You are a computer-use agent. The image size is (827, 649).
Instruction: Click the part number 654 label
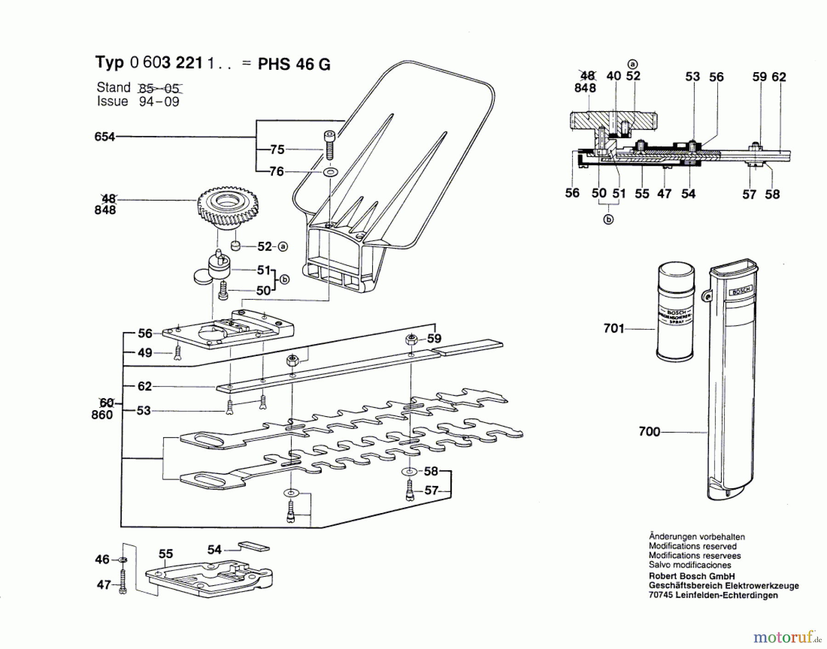click(104, 136)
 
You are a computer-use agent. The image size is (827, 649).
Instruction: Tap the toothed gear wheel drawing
click(227, 207)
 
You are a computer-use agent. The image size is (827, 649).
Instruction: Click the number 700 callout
click(649, 432)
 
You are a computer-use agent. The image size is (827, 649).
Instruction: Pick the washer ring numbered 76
click(330, 172)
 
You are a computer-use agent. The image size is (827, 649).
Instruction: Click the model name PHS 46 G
click(294, 64)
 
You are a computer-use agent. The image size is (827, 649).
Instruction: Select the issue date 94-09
click(159, 102)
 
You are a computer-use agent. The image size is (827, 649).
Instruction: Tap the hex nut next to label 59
click(412, 339)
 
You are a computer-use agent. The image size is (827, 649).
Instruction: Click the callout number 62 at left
click(144, 386)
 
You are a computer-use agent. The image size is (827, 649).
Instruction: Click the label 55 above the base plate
click(165, 554)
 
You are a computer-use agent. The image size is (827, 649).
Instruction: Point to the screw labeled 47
click(123, 582)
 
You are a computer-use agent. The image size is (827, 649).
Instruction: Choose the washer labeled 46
click(123, 560)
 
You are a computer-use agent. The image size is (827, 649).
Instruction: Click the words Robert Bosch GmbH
click(691, 576)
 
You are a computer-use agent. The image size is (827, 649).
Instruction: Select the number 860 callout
click(102, 415)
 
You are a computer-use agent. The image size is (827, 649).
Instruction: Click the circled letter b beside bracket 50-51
click(284, 279)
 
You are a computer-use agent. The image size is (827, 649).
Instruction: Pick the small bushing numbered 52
click(236, 246)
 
